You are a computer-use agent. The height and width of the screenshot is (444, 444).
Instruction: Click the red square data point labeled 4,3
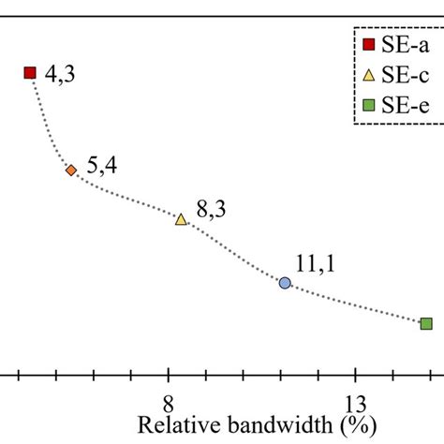[30, 72]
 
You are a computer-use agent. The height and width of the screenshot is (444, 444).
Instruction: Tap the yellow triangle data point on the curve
[181, 219]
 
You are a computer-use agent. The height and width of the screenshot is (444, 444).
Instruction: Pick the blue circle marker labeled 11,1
[285, 282]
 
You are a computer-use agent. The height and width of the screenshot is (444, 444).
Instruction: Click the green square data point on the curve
[426, 323]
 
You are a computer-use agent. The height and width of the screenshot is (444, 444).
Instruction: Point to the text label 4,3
[59, 73]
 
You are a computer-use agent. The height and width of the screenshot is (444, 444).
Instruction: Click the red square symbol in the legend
[369, 45]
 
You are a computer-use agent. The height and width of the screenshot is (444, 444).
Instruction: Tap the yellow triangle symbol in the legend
[369, 74]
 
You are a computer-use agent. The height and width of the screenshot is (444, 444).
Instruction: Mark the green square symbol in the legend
[369, 104]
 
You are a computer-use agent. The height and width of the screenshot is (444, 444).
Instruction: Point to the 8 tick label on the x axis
[168, 404]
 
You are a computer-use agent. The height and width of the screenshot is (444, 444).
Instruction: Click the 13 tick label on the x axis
[356, 404]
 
